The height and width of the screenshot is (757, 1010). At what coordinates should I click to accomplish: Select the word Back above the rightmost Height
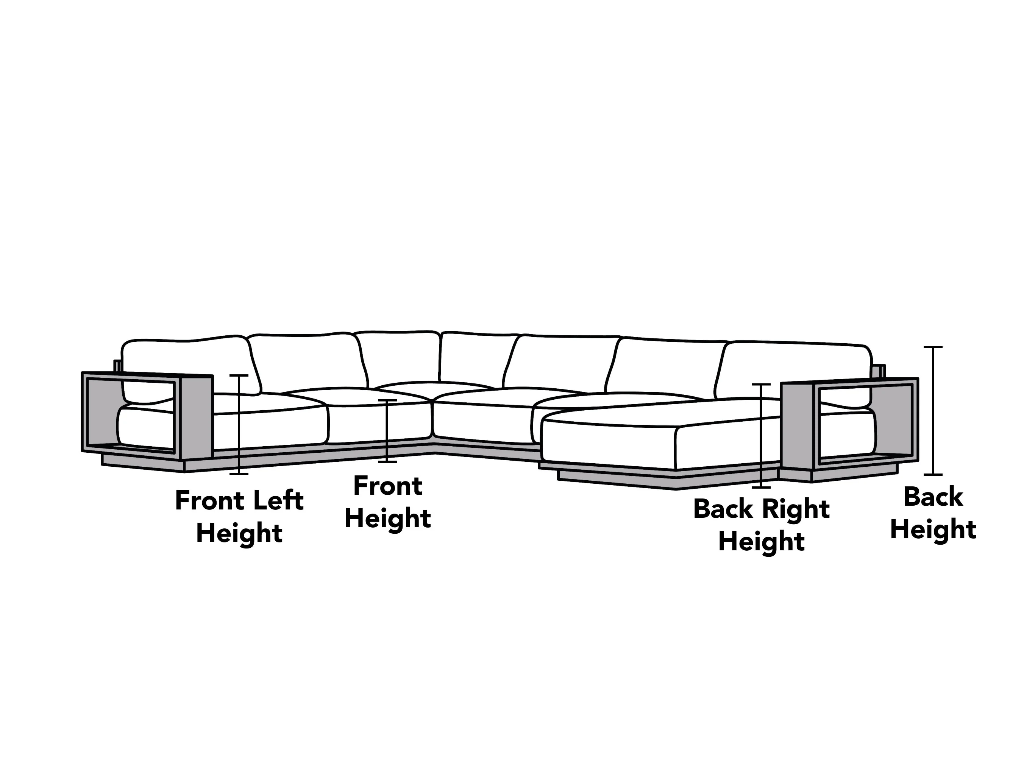pos(933,497)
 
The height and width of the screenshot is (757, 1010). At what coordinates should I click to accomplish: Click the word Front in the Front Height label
pos(388,486)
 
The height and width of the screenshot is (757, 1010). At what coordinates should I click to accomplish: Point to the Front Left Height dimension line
pos(239,424)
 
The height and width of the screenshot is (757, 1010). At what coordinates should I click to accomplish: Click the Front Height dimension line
pos(387,431)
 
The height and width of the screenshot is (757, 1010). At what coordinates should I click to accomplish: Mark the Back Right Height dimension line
pos(761,436)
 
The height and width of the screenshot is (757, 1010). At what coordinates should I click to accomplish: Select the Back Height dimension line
pos(933,411)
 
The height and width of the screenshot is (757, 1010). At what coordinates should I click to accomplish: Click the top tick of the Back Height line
pos(933,347)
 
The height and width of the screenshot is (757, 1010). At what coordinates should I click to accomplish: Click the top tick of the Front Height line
pos(387,400)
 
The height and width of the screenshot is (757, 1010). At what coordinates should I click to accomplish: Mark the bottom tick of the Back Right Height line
pos(761,488)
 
